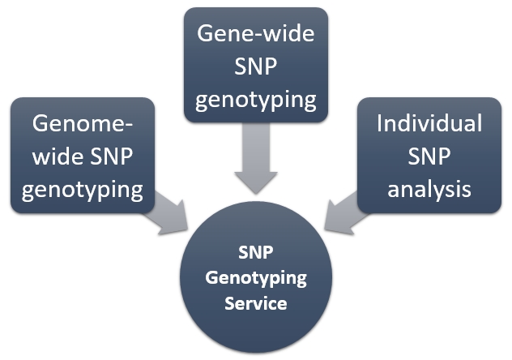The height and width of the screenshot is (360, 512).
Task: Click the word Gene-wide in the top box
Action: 256,34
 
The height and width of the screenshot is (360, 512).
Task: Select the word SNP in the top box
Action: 256,67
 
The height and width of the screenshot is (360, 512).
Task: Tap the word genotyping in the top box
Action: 256,101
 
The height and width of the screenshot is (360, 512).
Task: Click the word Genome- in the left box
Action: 82,124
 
